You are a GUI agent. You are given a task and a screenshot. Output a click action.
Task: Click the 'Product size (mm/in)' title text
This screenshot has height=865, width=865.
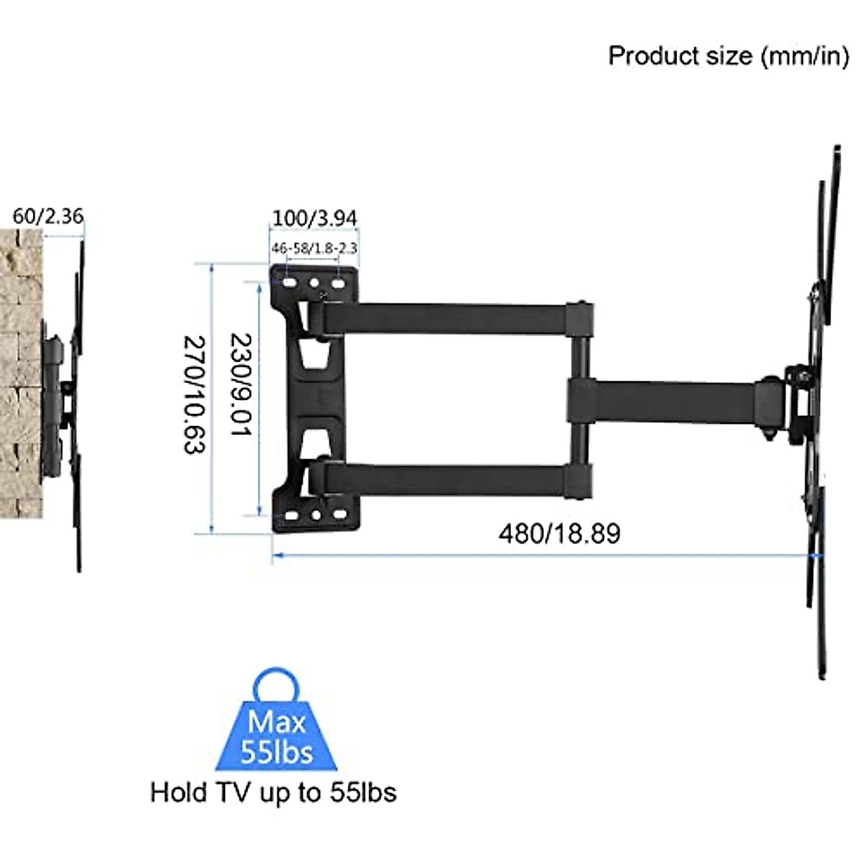point(728,56)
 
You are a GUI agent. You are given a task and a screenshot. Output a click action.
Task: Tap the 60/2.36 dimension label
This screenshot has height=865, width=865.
point(48,216)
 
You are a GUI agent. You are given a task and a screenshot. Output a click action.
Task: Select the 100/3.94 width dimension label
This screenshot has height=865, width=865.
point(314,217)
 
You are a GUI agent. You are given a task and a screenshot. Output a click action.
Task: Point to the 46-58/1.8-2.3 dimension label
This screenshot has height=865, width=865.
point(314,248)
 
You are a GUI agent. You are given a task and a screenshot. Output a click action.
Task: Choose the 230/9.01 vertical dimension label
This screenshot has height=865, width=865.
point(240,384)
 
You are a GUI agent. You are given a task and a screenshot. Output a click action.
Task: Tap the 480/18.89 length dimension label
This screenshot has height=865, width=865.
point(559,533)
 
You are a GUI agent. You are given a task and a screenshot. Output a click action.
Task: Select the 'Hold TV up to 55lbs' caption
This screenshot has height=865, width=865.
point(273,792)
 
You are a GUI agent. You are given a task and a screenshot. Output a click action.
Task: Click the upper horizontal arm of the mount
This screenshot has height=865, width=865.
point(447,318)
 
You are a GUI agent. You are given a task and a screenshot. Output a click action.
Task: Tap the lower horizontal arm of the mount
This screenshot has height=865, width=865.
point(447,479)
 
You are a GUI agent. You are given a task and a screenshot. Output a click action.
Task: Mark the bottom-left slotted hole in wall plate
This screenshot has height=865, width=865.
point(290,515)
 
